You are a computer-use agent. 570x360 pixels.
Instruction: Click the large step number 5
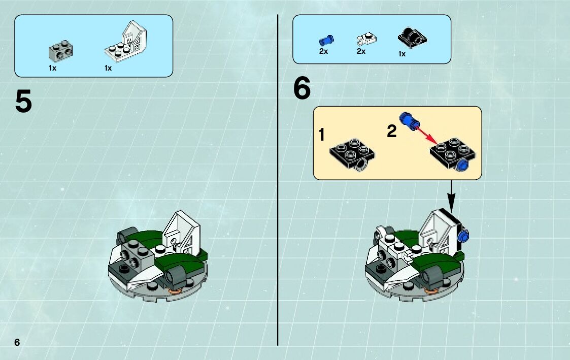pyautogui.click(x=24, y=102)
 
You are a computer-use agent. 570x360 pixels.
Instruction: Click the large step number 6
pyautogui.click(x=302, y=88)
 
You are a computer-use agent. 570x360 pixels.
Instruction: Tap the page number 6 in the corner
pyautogui.click(x=17, y=342)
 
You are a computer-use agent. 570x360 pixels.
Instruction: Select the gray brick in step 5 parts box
pyautogui.click(x=60, y=51)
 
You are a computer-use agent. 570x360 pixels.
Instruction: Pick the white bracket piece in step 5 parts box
pyautogui.click(x=126, y=41)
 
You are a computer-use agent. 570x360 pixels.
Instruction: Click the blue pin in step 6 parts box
pyautogui.click(x=326, y=40)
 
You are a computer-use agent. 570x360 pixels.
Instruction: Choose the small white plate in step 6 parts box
pyautogui.click(x=366, y=39)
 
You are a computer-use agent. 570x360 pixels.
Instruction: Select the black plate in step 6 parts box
pyautogui.click(x=412, y=38)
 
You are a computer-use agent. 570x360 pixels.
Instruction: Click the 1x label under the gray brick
pyautogui.click(x=52, y=68)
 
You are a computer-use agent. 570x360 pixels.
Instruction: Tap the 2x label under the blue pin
pyautogui.click(x=323, y=51)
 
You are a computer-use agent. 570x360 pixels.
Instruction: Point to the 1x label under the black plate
pyautogui.click(x=401, y=54)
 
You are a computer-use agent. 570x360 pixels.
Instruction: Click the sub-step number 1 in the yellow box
pyautogui.click(x=321, y=135)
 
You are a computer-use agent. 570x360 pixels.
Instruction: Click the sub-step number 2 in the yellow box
pyautogui.click(x=391, y=132)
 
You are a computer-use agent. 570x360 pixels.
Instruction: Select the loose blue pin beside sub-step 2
pyautogui.click(x=409, y=121)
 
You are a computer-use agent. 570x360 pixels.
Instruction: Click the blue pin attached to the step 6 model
pyautogui.click(x=463, y=236)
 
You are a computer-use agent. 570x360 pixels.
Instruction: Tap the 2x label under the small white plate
pyautogui.click(x=361, y=51)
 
